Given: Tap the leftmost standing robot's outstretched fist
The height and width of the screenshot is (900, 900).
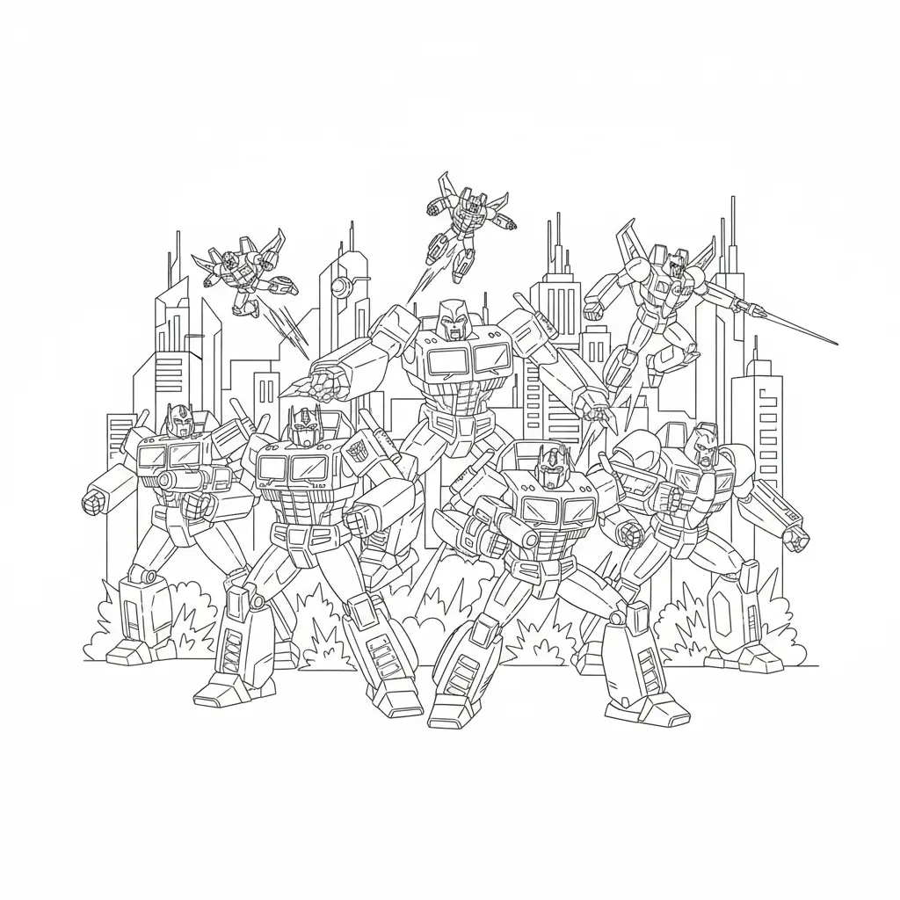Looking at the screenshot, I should point(94,501).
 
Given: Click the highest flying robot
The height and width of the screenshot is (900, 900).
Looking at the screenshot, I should point(455,207).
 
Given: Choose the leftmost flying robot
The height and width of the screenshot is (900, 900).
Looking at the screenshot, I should point(237,268).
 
